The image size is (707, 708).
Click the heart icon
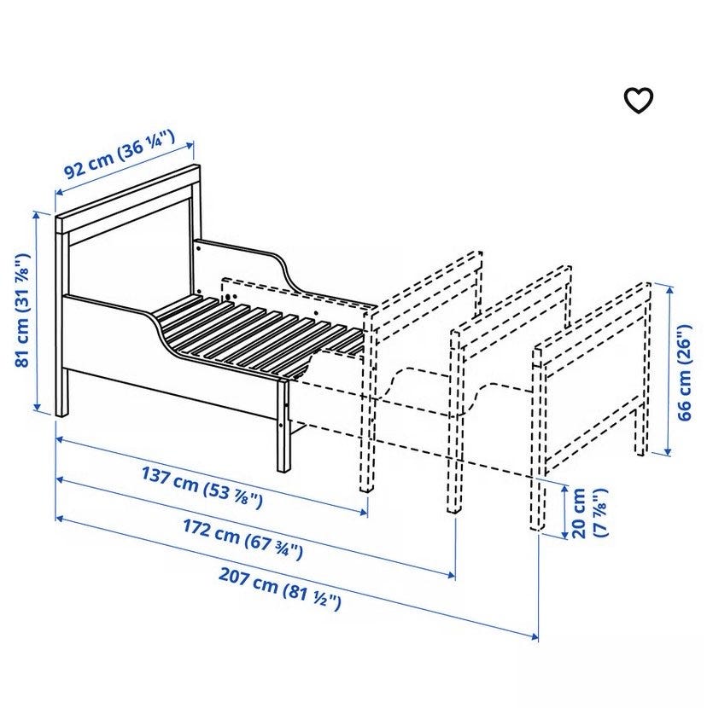coord(639,101)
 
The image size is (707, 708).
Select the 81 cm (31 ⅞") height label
coord(22,310)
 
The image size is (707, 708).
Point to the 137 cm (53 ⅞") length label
coord(202,487)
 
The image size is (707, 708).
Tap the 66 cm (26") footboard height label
coord(684,372)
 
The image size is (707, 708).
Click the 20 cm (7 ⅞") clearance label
coord(588,513)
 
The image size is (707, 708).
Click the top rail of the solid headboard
coord(128,199)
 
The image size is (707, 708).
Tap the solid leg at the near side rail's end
coord(283,426)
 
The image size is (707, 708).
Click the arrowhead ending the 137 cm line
coord(364,512)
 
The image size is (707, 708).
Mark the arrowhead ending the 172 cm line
coord(451,575)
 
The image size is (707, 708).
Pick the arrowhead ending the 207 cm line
coord(535,637)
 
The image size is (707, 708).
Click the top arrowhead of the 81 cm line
coord(38,216)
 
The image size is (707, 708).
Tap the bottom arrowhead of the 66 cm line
coord(667,451)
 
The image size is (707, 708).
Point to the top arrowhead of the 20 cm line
coord(564,490)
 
